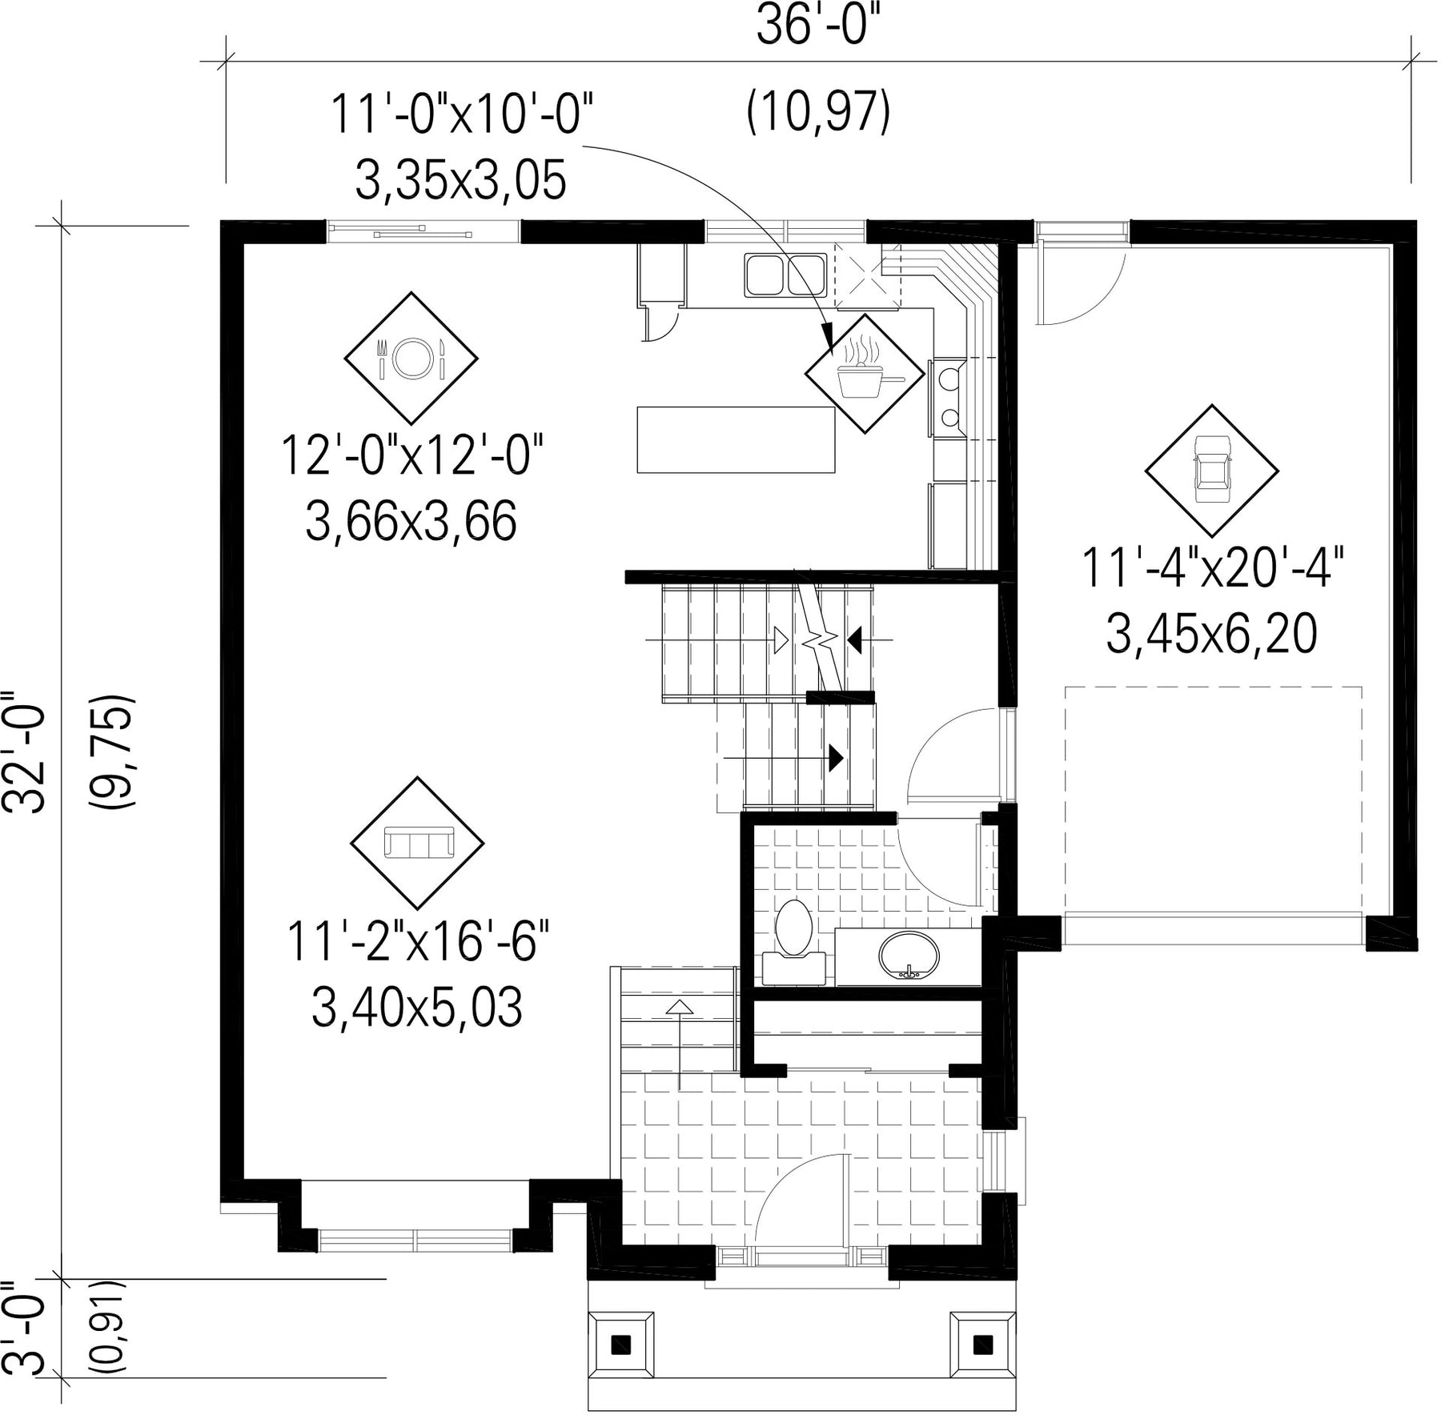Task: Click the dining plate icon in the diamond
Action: [x=411, y=358]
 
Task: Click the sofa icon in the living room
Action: [x=418, y=843]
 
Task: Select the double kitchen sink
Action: [x=785, y=275]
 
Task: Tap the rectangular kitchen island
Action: [x=736, y=439]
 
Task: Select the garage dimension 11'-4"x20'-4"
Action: [x=1212, y=569]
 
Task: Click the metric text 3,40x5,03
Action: [x=416, y=1007]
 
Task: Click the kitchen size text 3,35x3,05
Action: [x=460, y=180]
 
